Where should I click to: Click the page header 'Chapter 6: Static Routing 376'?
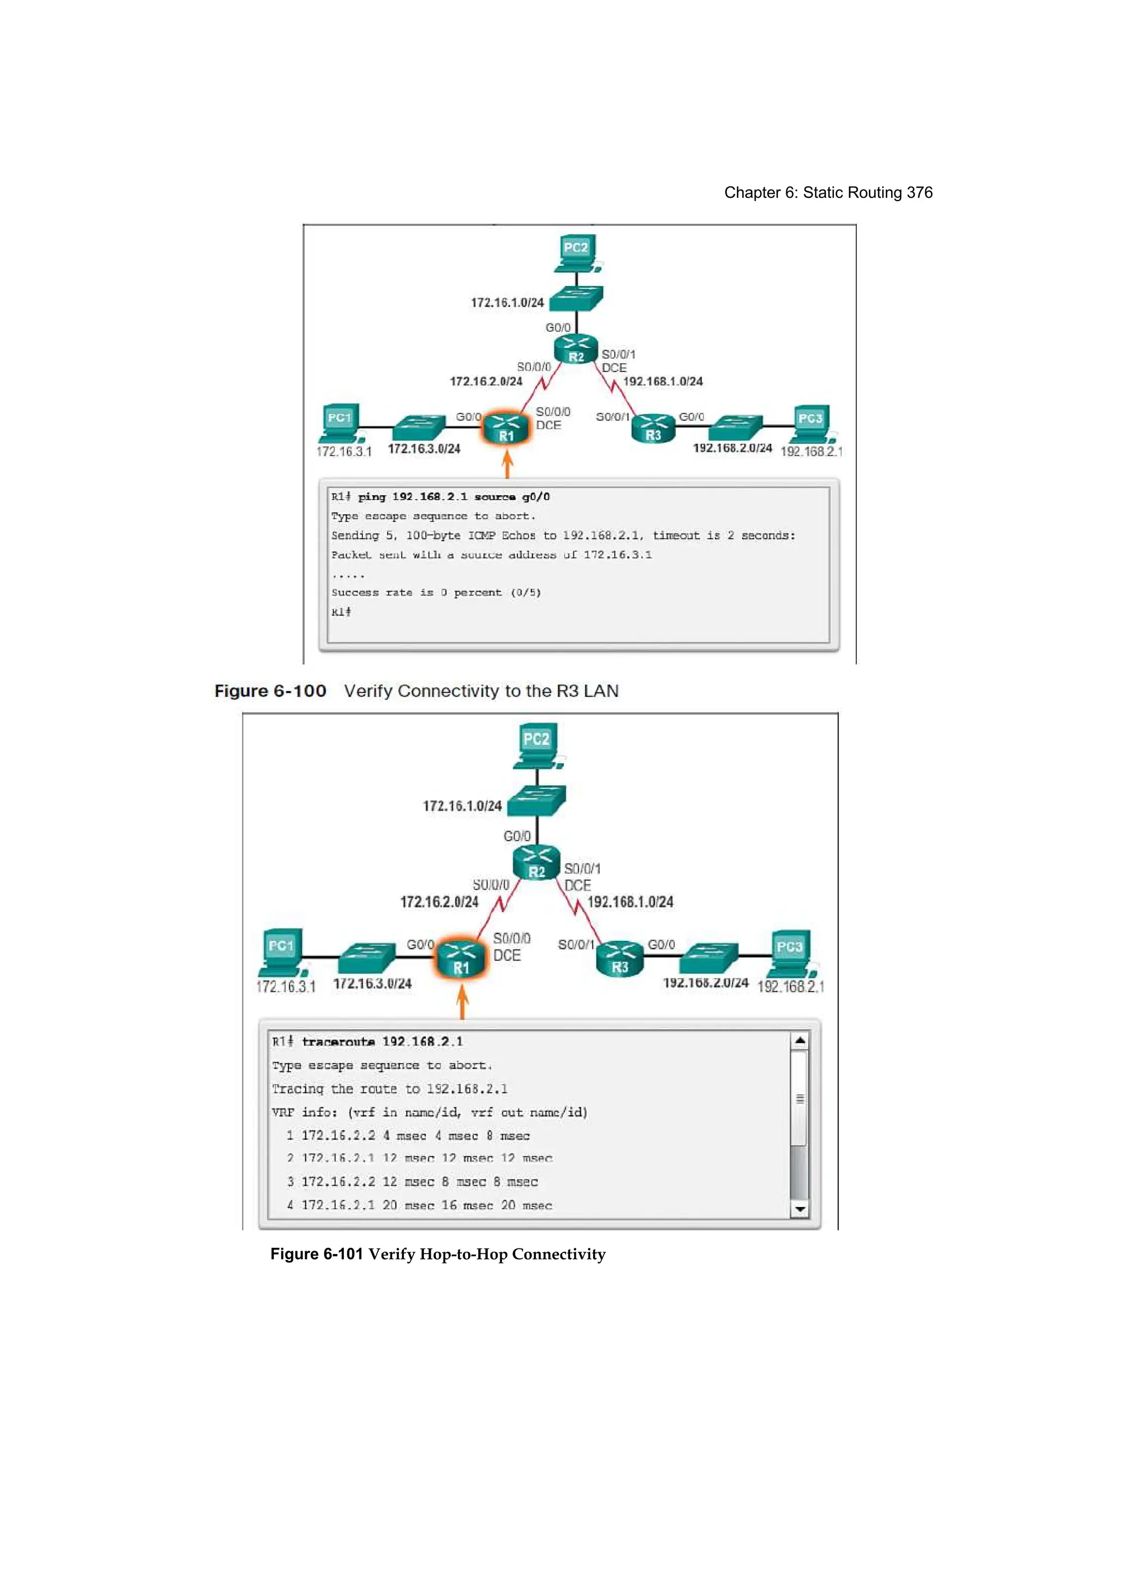pos(828,193)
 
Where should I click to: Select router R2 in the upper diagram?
pos(576,349)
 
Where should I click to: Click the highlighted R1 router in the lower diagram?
pos(461,959)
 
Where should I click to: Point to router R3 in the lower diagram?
pos(619,958)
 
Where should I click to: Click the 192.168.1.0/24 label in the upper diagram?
pos(663,382)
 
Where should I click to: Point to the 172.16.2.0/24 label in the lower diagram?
pos(439,902)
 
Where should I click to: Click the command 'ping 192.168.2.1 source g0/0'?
pos(454,497)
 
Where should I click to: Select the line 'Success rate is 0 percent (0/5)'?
pos(436,592)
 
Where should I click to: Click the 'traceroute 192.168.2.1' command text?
pos(382,1042)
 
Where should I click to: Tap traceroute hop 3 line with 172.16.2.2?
pos(412,1182)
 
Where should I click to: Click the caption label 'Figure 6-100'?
pos(270,691)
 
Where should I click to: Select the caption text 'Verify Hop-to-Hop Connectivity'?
pos(487,1254)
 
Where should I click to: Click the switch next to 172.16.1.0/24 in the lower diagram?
pos(537,801)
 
